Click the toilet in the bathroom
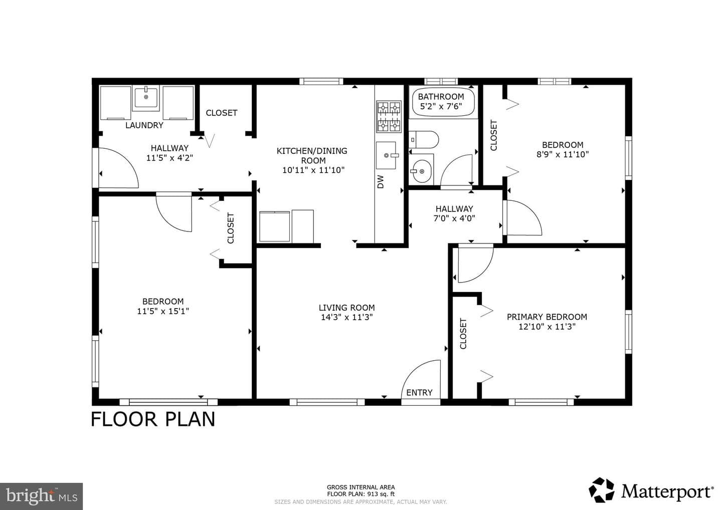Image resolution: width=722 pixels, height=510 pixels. (424, 140)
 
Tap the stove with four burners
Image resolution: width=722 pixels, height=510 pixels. (389, 117)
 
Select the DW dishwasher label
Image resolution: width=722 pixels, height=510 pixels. (381, 181)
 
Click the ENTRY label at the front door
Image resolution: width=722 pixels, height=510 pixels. (419, 392)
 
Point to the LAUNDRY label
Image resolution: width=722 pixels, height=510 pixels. (144, 125)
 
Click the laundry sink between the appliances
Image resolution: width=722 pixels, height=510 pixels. (146, 98)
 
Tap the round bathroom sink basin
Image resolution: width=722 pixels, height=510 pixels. (421, 171)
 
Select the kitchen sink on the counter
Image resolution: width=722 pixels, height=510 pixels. (386, 155)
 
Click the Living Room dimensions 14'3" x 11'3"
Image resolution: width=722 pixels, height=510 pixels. (347, 318)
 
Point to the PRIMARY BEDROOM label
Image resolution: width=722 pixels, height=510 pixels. (547, 317)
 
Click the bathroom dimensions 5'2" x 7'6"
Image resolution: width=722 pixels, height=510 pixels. (441, 106)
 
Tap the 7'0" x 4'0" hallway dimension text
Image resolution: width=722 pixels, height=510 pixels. (454, 218)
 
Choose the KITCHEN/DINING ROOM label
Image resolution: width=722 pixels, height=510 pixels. (312, 155)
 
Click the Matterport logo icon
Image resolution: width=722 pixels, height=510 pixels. (602, 490)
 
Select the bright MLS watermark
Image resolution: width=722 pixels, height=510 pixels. (41, 496)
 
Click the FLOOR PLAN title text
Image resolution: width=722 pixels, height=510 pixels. (153, 419)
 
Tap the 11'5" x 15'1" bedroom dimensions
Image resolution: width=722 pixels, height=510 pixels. (163, 311)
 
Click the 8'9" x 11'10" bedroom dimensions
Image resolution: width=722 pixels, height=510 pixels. (563, 154)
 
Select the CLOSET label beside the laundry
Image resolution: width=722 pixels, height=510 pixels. (222, 113)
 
